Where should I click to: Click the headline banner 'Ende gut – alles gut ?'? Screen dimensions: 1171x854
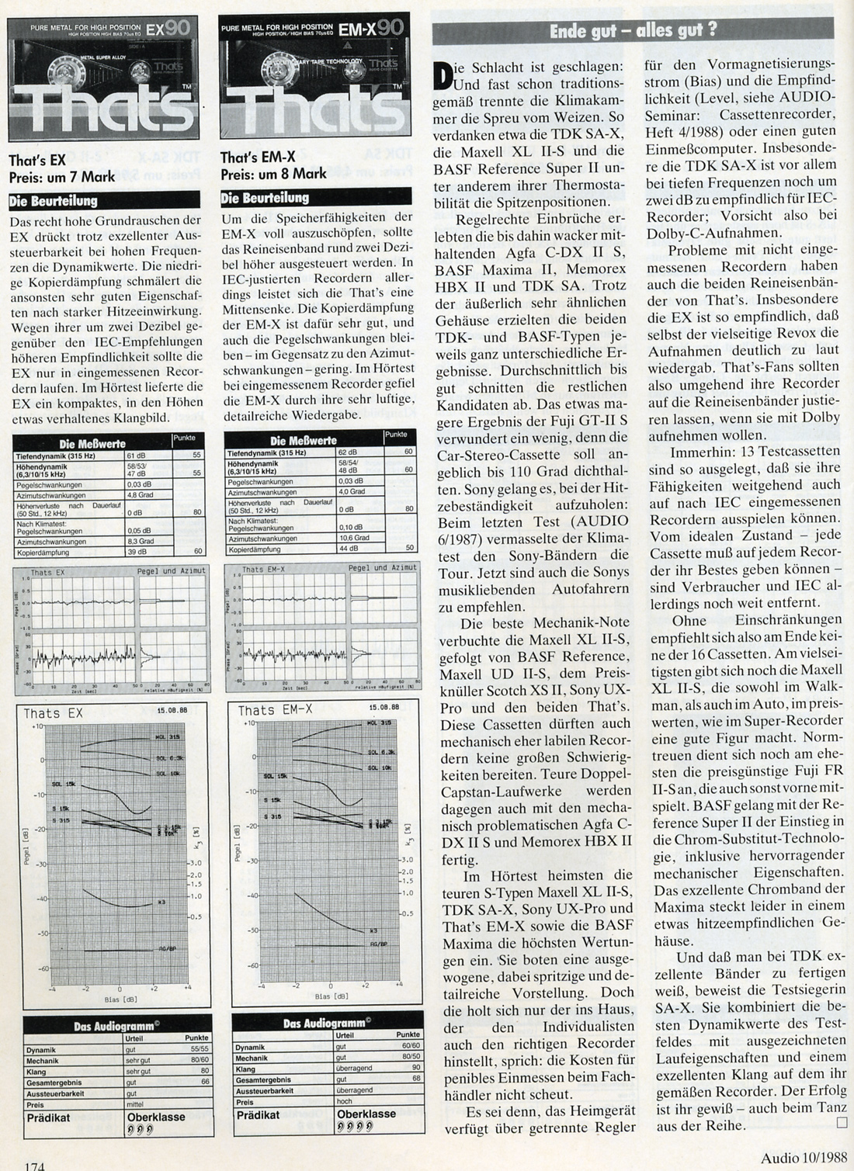[633, 30]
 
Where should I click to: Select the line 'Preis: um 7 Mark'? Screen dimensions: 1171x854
[62, 177]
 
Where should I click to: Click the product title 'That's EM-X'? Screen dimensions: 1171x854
[252, 158]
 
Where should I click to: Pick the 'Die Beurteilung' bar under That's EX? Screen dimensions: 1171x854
[54, 201]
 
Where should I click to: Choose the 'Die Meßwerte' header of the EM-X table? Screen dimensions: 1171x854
[304, 441]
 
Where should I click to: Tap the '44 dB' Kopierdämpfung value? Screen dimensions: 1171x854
[349, 549]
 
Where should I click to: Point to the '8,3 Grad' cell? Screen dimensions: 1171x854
[140, 541]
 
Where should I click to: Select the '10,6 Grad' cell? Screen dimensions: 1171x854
[353, 537]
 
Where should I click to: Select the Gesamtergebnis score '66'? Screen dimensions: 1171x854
[204, 1081]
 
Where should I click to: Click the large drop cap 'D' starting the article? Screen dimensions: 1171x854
[443, 74]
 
